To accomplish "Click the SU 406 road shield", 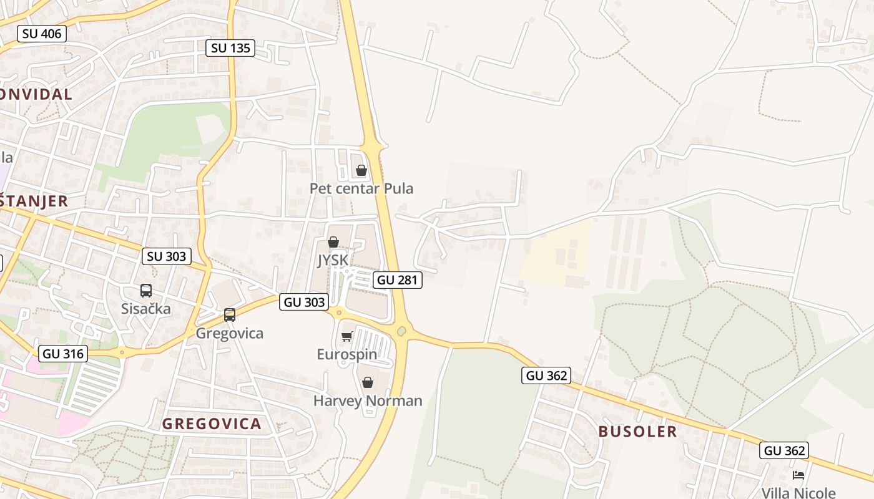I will coord(42,34).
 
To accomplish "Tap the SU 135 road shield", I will coord(230,47).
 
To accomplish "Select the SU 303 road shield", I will coord(166,256).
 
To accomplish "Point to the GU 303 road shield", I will coord(304,302).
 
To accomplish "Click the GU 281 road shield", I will coord(398,280).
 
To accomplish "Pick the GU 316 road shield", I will coord(62,354).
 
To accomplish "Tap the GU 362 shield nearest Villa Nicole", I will coord(785,450).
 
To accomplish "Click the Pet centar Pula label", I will coord(361,188).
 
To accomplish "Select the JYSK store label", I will coord(333,260).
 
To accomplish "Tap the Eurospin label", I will coord(346,354).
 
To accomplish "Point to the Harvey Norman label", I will coord(368,400).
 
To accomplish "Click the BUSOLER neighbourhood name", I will coord(637,432).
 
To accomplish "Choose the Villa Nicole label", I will coord(798,493).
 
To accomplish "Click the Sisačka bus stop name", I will coord(145,308).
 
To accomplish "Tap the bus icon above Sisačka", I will coord(145,291).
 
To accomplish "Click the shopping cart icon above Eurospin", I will coord(346,337).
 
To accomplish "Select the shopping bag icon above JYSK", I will coord(333,242).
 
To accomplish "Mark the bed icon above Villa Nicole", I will coord(798,475).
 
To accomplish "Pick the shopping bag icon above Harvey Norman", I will coord(368,382).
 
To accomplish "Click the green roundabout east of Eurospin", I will coord(401,331).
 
